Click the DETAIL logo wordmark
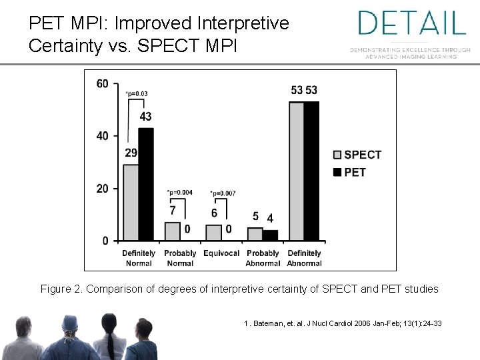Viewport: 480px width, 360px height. click(x=411, y=23)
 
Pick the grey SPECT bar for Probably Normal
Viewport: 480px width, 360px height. click(x=172, y=231)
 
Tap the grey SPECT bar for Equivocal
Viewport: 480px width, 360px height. click(x=213, y=233)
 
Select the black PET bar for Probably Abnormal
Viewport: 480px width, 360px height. click(x=270, y=235)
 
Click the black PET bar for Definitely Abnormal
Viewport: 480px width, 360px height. click(x=311, y=171)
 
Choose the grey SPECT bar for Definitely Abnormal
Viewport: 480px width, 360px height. click(x=296, y=171)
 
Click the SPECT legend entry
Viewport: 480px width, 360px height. click(x=357, y=155)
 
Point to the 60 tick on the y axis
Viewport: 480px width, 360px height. click(x=103, y=83)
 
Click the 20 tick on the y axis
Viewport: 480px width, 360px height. click(x=103, y=189)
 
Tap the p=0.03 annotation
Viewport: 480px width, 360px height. click(x=137, y=93)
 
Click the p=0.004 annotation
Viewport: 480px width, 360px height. click(x=179, y=193)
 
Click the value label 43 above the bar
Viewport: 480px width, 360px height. click(x=145, y=117)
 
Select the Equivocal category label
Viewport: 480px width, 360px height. click(x=221, y=253)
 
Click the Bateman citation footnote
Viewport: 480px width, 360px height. click(x=343, y=323)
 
